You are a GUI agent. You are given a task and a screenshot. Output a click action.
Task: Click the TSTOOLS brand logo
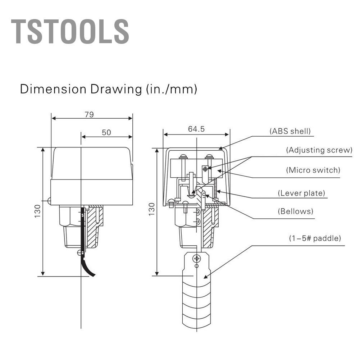tap(70, 31)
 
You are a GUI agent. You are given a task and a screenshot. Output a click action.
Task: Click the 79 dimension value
tap(89, 114)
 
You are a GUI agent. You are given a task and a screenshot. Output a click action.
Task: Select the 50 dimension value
tap(106, 132)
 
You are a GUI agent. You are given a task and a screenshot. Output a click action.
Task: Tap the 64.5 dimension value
tap(196, 129)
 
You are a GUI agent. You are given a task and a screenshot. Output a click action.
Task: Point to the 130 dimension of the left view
tap(37, 211)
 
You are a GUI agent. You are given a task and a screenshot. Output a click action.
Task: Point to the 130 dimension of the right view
tap(152, 209)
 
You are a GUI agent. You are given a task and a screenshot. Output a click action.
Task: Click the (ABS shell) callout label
tap(290, 131)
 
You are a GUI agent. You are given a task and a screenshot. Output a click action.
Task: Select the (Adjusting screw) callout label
tap(319, 150)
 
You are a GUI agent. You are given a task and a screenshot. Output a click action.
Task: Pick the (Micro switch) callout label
tap(313, 170)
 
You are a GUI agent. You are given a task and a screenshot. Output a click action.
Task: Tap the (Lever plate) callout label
tap(301, 193)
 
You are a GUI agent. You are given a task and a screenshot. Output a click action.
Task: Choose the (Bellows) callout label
tap(296, 211)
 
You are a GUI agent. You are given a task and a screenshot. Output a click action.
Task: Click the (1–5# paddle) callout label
tap(315, 238)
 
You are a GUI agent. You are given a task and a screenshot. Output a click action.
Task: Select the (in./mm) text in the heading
tap(172, 89)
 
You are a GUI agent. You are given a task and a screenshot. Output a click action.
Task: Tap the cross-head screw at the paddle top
tap(197, 259)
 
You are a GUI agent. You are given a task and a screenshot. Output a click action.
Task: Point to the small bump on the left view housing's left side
tap(49, 201)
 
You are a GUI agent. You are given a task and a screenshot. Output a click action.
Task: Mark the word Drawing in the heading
tap(116, 90)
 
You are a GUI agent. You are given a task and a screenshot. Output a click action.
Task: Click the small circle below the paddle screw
tap(196, 266)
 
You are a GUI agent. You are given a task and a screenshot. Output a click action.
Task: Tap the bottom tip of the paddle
tap(197, 325)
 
